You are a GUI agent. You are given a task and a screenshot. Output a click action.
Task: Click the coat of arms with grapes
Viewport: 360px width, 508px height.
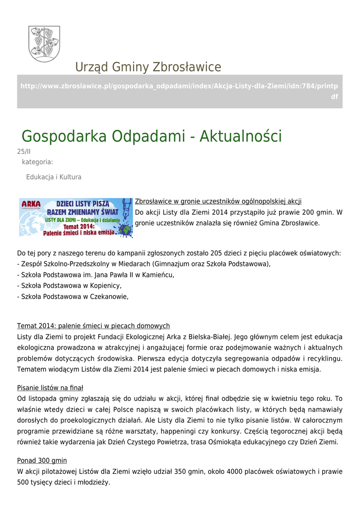[44, 44]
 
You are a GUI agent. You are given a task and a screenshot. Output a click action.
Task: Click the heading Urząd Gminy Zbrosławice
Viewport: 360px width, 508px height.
[148, 67]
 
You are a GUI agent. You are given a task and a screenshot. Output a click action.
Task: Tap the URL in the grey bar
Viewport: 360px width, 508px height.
[179, 91]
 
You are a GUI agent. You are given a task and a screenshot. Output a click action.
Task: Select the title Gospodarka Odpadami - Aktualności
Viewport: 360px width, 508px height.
[151, 136]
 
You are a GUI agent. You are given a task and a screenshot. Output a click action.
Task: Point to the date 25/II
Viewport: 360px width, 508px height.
[24, 152]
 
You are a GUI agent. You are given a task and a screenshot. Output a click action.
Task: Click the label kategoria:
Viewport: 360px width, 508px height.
[37, 162]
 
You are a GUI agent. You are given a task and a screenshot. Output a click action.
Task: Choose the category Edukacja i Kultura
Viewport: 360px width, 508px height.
[54, 177]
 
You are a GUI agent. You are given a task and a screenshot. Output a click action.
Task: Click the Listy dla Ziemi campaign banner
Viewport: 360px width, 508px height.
[76, 218]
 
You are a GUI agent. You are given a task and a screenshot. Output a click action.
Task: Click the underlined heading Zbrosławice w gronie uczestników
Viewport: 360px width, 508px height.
[218, 201]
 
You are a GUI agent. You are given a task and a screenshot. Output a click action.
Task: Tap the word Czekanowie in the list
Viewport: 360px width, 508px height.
[108, 297]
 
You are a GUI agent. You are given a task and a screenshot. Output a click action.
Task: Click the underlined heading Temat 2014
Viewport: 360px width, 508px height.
[93, 326]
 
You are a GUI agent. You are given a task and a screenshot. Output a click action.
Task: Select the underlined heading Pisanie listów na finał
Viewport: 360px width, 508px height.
[50, 387]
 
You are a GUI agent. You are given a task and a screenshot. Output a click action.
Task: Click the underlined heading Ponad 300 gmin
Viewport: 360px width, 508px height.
[42, 460]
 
